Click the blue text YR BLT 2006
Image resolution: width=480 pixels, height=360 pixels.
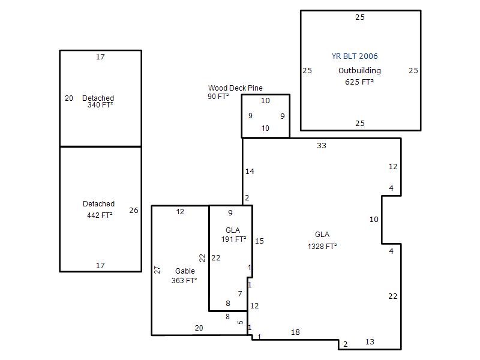tap(355, 56)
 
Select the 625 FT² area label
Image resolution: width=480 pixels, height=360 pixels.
tap(359, 82)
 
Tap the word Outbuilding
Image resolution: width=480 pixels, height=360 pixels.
tap(359, 71)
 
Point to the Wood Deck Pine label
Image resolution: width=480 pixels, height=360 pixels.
tap(235, 88)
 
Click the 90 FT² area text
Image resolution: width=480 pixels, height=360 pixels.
tap(218, 97)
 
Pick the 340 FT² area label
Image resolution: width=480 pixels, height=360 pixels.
tap(100, 105)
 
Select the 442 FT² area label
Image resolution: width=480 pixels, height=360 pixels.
tap(100, 215)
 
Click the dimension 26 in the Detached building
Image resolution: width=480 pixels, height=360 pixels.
tap(134, 211)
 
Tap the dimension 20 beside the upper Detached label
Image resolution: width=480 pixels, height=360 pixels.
tap(69, 98)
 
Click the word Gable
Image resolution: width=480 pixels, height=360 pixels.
tap(185, 271)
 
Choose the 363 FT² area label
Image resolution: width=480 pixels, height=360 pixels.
tap(184, 281)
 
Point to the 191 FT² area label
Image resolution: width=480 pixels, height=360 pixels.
tap(233, 239)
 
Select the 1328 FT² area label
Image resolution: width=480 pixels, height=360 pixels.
tap(322, 247)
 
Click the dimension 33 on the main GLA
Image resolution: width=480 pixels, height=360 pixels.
tap(322, 146)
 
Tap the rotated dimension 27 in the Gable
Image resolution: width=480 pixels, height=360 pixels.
tap(157, 270)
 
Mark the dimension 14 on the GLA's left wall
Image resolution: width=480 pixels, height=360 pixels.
tap(250, 172)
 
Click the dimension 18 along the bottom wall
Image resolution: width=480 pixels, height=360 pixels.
tap(295, 332)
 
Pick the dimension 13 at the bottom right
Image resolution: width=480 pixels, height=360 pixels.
tap(370, 342)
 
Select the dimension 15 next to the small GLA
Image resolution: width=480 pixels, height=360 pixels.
tap(259, 241)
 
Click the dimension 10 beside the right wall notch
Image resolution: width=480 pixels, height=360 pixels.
tap(374, 220)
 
